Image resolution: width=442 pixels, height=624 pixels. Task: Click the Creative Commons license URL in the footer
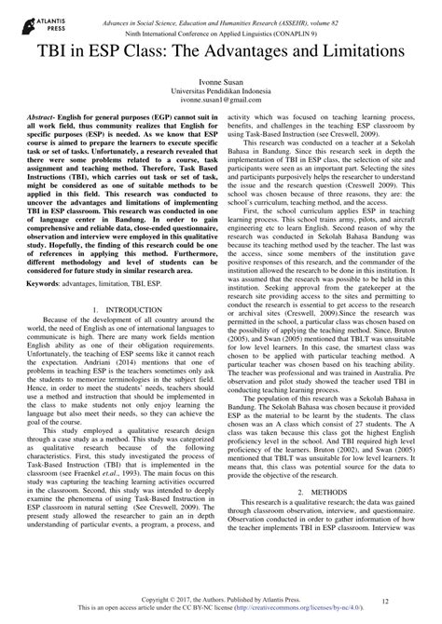coord(291,612)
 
